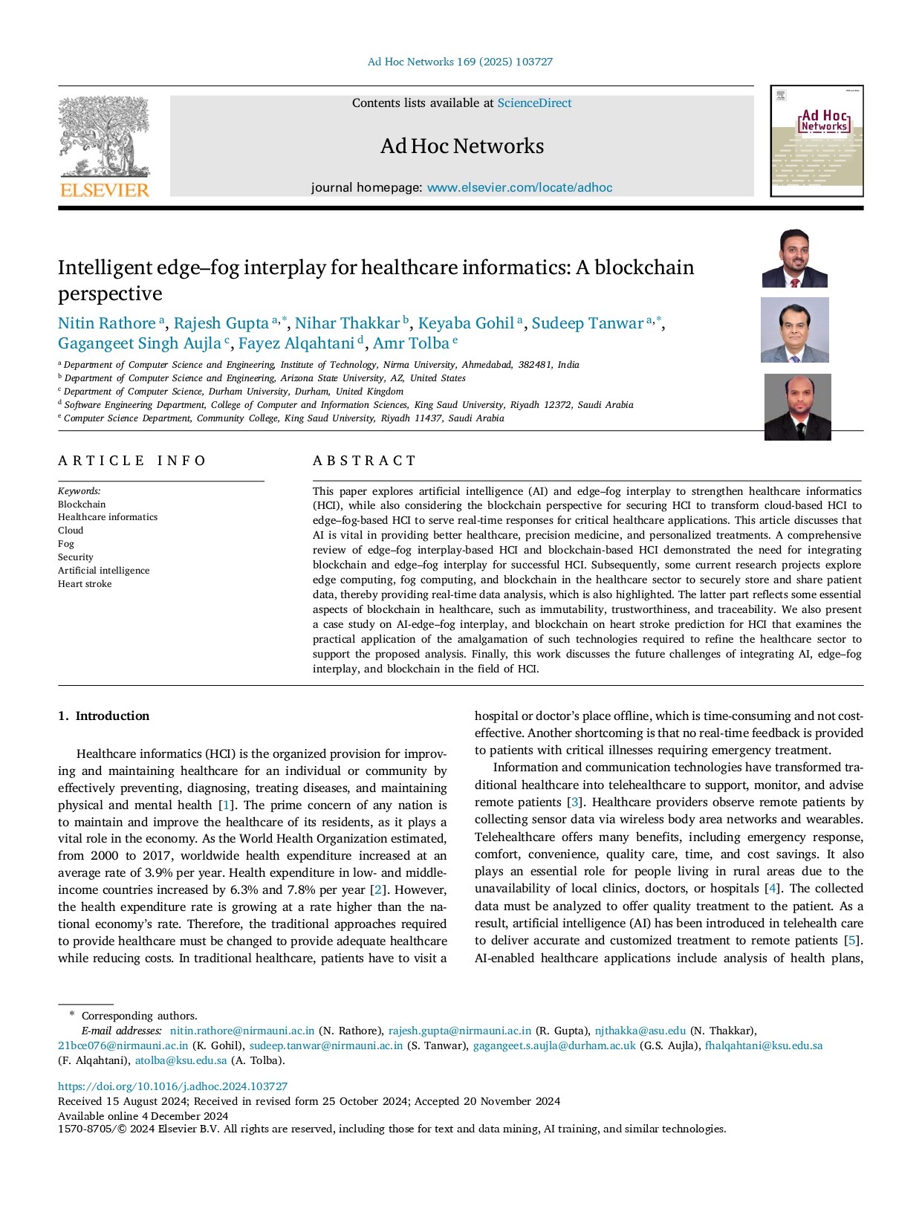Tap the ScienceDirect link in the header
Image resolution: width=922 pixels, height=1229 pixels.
coord(534,103)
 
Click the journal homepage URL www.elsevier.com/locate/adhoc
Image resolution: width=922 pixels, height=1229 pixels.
coord(519,187)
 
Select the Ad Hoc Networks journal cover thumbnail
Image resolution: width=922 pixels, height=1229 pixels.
coord(817,141)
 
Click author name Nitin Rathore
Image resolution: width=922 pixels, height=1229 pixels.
coord(107,323)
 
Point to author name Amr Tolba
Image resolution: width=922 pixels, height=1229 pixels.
coord(411,343)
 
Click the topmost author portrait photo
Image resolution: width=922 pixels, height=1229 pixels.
coord(794,259)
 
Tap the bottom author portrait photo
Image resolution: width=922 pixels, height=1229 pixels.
coord(797,406)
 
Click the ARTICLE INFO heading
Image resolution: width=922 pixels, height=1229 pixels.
coord(132,461)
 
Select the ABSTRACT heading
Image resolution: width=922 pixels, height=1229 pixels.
coord(364,461)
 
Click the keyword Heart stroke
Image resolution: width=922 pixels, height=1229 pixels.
coord(85,584)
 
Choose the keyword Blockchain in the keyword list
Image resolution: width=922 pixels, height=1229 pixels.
coord(82,505)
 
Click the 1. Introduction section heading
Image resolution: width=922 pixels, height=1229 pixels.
coord(104,716)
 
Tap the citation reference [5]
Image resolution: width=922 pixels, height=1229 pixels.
coord(851,941)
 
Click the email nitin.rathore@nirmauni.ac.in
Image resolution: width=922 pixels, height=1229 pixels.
coord(241,1031)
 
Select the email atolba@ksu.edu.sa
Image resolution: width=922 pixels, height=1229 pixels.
coord(181,1060)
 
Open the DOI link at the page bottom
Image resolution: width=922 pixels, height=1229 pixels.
coord(172,1086)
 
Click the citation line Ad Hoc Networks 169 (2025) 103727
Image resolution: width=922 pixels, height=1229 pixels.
coord(460,62)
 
